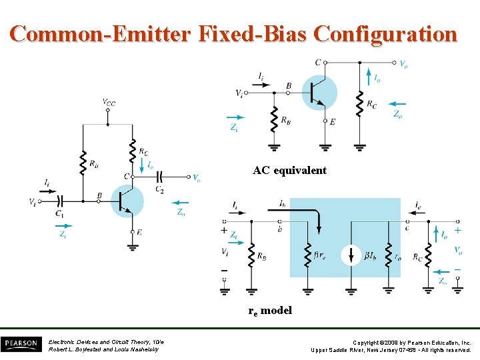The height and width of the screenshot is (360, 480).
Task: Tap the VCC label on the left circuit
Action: click(x=108, y=102)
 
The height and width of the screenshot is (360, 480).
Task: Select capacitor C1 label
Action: click(x=60, y=213)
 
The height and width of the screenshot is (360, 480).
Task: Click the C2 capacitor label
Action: click(x=160, y=190)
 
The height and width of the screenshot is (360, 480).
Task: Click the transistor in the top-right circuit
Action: click(x=319, y=92)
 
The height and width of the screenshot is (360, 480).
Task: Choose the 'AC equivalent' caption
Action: click(x=289, y=170)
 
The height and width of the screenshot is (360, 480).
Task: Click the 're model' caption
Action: click(x=270, y=310)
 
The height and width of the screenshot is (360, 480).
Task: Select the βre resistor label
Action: click(x=321, y=255)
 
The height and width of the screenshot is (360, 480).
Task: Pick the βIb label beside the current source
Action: click(x=372, y=255)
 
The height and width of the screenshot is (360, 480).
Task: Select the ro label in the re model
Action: click(x=398, y=255)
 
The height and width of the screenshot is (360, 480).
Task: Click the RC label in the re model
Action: click(x=417, y=255)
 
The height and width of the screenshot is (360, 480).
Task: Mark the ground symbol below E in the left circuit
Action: click(x=133, y=246)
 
